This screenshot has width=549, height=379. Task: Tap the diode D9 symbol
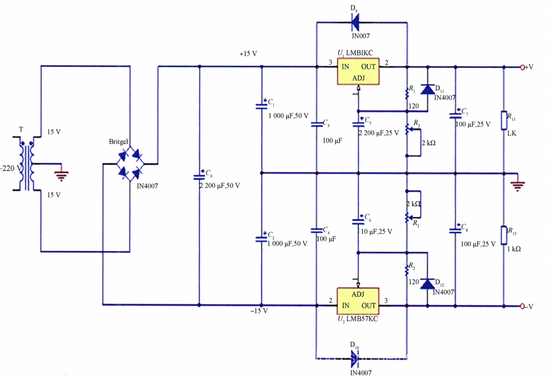click(355, 22)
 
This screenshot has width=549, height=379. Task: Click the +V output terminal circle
click(522, 67)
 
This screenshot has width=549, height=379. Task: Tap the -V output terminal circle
click(522, 306)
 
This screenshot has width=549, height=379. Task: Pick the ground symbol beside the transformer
click(61, 174)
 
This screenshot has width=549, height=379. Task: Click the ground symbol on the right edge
click(518, 184)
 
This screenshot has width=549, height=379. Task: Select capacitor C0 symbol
click(199, 177)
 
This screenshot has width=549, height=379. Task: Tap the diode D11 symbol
click(428, 90)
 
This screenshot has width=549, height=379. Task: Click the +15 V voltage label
click(248, 54)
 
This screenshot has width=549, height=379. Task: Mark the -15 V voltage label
click(258, 311)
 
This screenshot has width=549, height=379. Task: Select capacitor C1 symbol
click(261, 105)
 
